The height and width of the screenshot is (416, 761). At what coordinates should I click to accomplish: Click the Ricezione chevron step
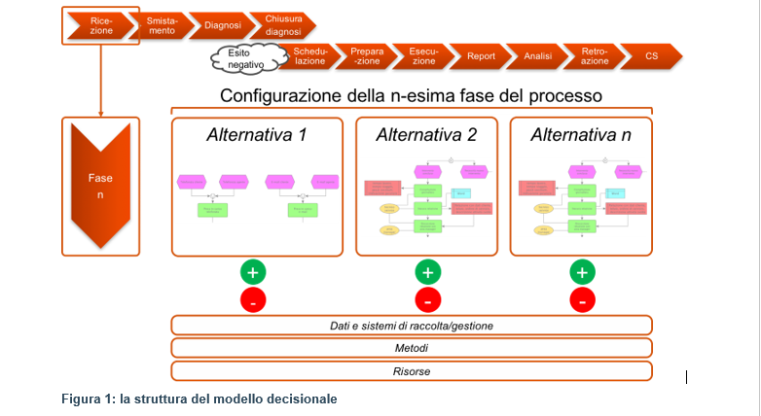pyautogui.click(x=100, y=25)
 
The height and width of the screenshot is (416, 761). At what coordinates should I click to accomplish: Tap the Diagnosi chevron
pyautogui.click(x=223, y=25)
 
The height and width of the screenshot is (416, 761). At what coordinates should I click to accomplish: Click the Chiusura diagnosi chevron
pyautogui.click(x=283, y=25)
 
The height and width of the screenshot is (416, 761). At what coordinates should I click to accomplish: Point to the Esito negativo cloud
pyautogui.click(x=239, y=57)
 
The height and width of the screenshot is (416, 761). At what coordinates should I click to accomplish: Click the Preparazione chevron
pyautogui.click(x=368, y=56)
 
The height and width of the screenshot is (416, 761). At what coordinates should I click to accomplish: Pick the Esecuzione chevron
pyautogui.click(x=423, y=56)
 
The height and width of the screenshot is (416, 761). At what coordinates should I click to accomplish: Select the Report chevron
pyautogui.click(x=481, y=56)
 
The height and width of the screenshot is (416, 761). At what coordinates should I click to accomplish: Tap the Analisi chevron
pyautogui.click(x=537, y=56)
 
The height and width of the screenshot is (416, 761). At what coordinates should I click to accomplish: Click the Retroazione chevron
pyautogui.click(x=595, y=56)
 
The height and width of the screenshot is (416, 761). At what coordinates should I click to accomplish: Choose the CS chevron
pyautogui.click(x=651, y=56)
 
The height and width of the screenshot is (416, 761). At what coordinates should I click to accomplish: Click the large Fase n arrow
pyautogui.click(x=100, y=186)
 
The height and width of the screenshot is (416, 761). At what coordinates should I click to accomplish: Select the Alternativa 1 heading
pyautogui.click(x=256, y=135)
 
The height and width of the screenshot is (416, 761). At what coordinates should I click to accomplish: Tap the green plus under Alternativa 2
pyautogui.click(x=427, y=272)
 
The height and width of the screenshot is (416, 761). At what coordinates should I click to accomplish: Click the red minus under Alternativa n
pyautogui.click(x=582, y=300)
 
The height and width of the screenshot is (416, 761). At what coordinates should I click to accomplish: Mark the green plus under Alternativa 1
pyautogui.click(x=253, y=272)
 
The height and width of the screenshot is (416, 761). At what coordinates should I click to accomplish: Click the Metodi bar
pyautogui.click(x=412, y=348)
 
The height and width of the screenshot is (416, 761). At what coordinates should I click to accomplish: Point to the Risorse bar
pyautogui.click(x=412, y=371)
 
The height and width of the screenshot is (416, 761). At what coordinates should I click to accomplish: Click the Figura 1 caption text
pyautogui.click(x=199, y=399)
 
